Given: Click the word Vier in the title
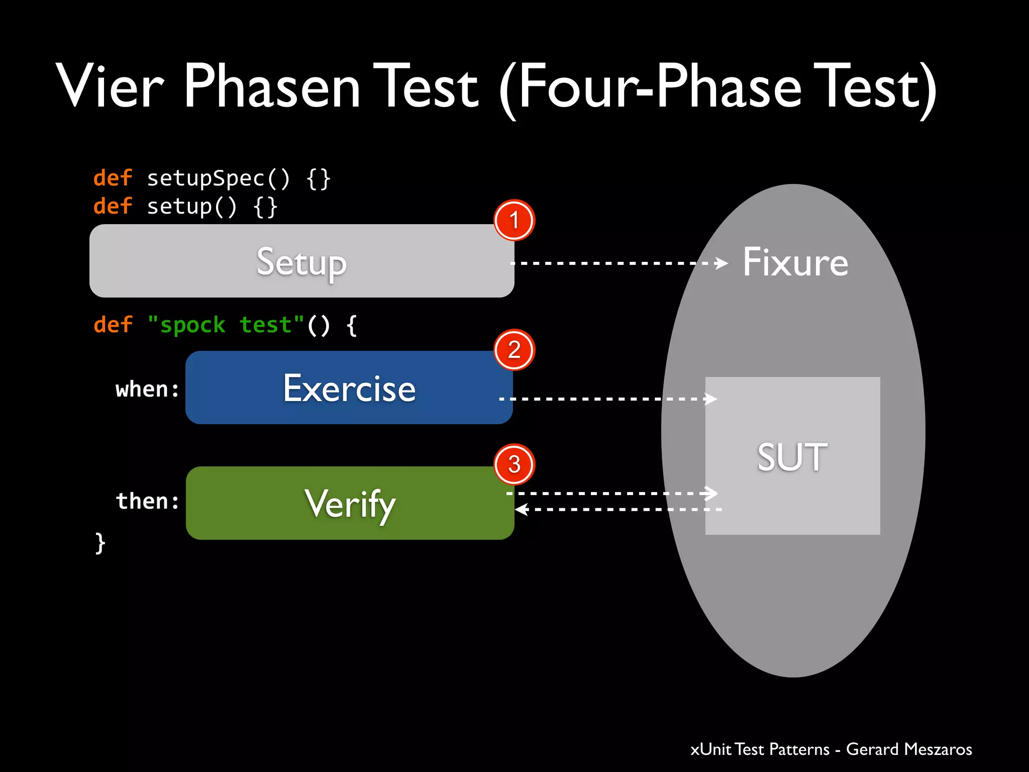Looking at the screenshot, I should (x=110, y=86).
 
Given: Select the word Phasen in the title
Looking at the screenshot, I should (x=272, y=86).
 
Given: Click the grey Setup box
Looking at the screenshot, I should (x=301, y=261).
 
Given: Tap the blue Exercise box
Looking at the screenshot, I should (x=349, y=388).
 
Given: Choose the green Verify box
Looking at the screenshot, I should (x=350, y=503).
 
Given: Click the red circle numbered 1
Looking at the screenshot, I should (x=514, y=220).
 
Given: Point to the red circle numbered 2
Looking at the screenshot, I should (x=514, y=350).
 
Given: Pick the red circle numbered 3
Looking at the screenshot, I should (x=514, y=464).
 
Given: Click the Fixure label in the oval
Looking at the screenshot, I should (x=795, y=262).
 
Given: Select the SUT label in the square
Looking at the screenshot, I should (x=792, y=457).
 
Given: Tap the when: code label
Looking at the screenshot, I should (x=147, y=390).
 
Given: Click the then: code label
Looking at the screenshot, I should (x=147, y=501).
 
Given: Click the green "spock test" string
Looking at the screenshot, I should (x=226, y=325).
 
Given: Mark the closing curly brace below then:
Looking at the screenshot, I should (x=100, y=543).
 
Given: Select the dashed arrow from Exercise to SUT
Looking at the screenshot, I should (x=608, y=399).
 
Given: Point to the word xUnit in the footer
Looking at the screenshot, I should (x=710, y=749).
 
